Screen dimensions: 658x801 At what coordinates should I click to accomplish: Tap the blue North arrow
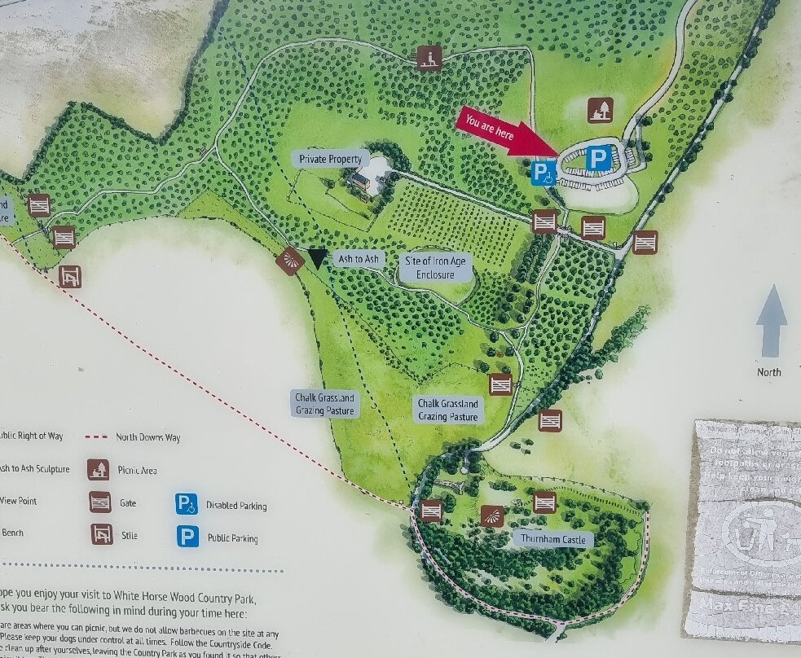click(771, 321)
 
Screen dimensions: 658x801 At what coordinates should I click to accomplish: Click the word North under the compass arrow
click(768, 372)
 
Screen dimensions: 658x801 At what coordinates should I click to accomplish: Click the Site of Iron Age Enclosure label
click(436, 268)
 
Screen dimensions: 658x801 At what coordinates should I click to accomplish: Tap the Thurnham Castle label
click(553, 539)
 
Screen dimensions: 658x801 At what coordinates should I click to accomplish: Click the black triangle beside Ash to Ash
click(317, 258)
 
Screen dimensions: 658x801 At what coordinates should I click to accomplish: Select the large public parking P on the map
click(599, 158)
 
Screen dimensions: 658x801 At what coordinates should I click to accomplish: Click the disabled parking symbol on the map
click(544, 173)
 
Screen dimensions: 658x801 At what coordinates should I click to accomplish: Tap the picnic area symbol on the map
click(601, 110)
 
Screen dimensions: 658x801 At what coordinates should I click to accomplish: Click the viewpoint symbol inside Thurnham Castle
click(491, 515)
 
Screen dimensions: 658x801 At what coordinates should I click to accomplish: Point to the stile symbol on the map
click(70, 276)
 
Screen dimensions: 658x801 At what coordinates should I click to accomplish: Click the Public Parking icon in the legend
click(188, 537)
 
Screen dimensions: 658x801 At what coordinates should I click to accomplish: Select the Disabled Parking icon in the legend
click(187, 504)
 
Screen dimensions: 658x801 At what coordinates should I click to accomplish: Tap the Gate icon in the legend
click(100, 502)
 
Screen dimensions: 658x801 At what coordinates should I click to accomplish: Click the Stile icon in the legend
click(102, 534)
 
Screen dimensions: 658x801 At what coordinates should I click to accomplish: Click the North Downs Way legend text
click(147, 437)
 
